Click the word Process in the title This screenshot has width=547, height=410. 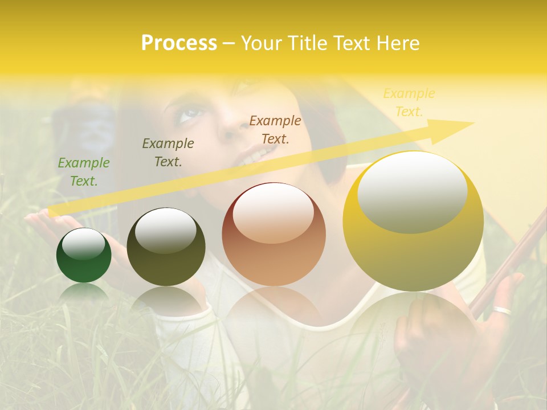(179, 43)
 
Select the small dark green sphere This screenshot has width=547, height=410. (84, 256)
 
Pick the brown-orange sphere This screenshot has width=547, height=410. (273, 235)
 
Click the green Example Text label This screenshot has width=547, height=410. (84, 172)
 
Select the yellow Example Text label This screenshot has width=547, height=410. (409, 102)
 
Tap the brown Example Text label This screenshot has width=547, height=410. (275, 129)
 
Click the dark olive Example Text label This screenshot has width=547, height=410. (168, 152)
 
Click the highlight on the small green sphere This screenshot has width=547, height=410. (83, 244)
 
